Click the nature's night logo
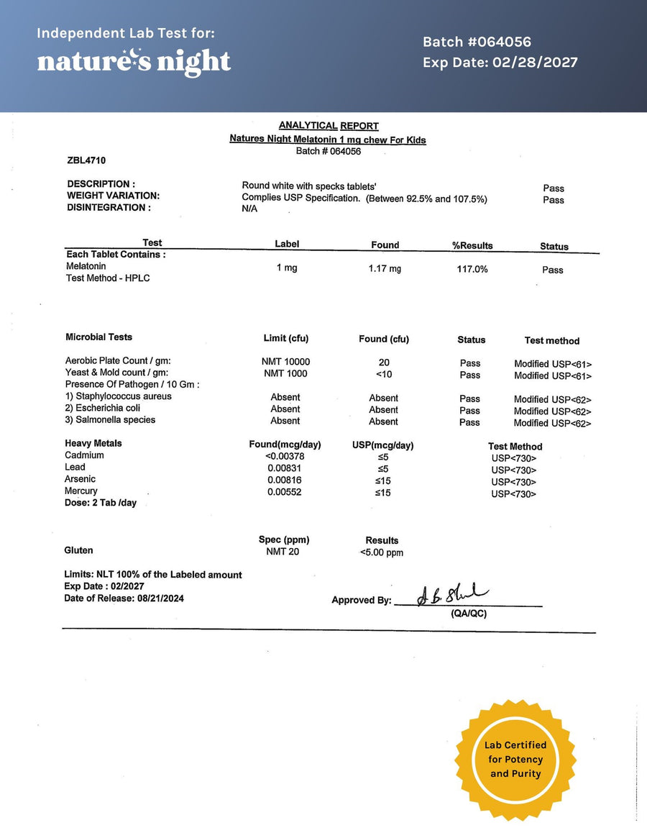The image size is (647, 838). click(134, 62)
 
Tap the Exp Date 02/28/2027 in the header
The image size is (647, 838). click(500, 63)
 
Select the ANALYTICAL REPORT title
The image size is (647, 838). click(329, 126)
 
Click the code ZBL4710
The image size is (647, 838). click(86, 160)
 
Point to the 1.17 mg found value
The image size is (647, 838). click(385, 269)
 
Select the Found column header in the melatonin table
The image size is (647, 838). click(385, 245)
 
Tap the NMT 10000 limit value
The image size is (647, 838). click(285, 362)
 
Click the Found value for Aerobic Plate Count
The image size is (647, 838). click(383, 363)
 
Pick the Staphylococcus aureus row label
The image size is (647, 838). click(119, 396)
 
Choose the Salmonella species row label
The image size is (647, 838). click(110, 420)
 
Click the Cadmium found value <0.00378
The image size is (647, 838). click(285, 456)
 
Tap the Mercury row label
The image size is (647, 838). click(81, 491)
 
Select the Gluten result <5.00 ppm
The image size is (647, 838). click(382, 553)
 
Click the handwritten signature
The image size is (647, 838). click(453, 593)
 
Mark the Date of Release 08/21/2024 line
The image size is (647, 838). click(124, 598)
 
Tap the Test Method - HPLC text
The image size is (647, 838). click(108, 278)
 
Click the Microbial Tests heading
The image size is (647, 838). click(99, 337)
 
